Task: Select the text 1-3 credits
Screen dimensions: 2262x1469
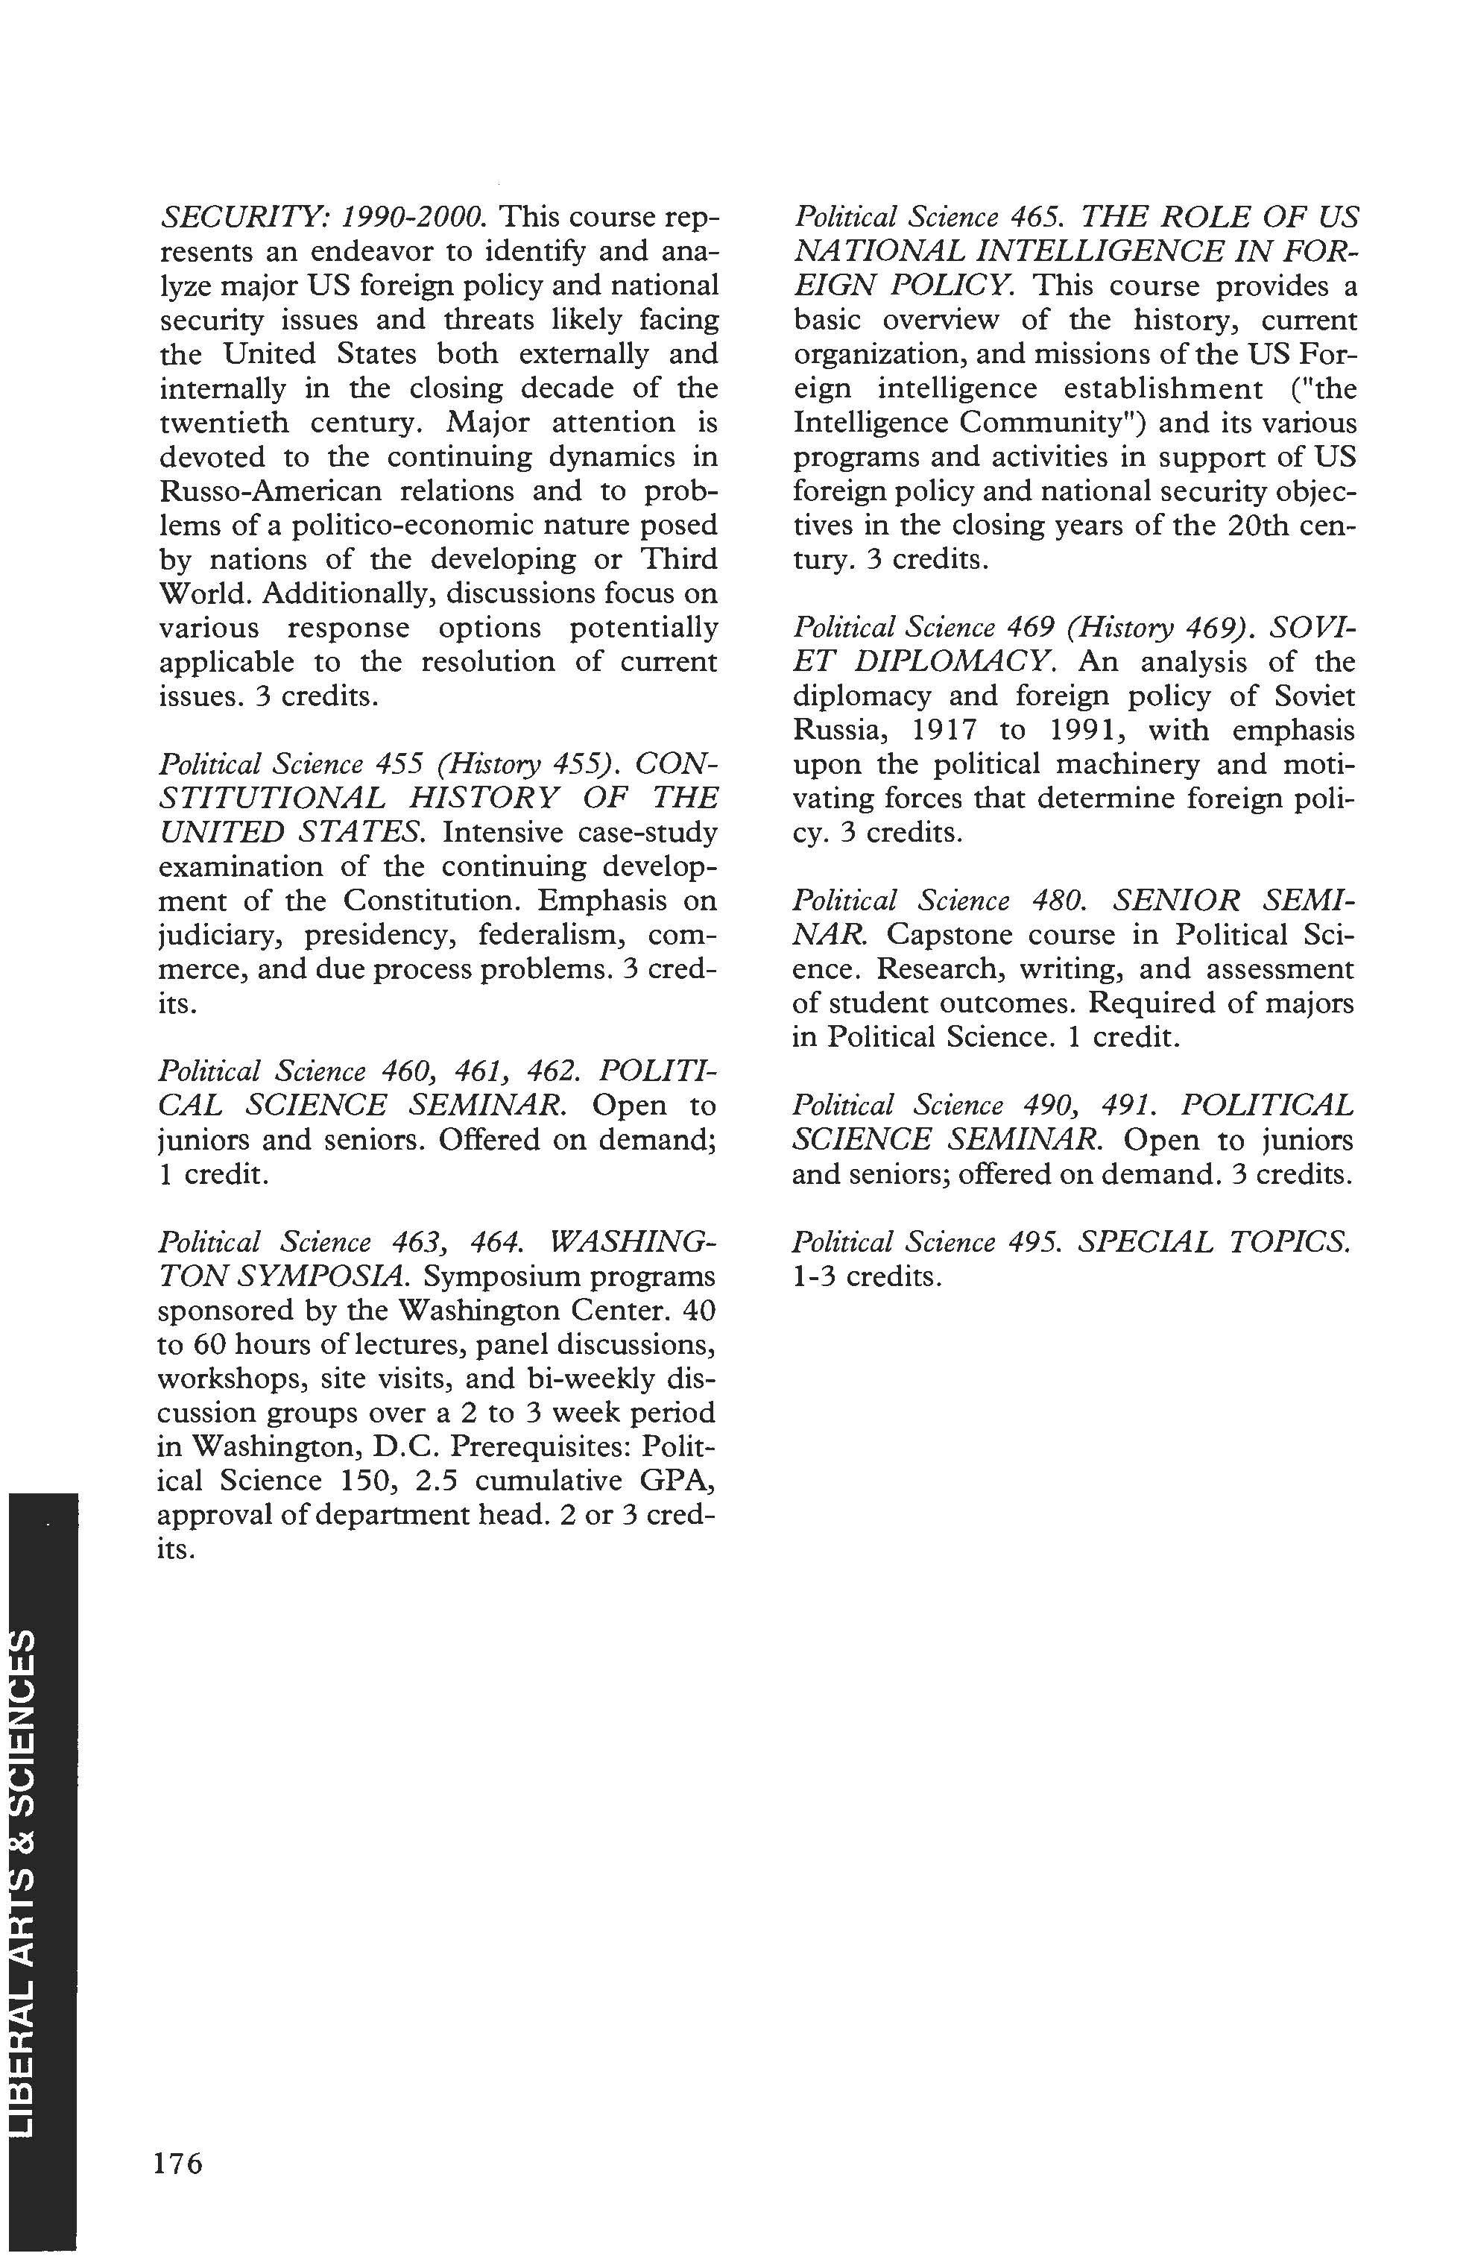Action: pos(867,1276)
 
